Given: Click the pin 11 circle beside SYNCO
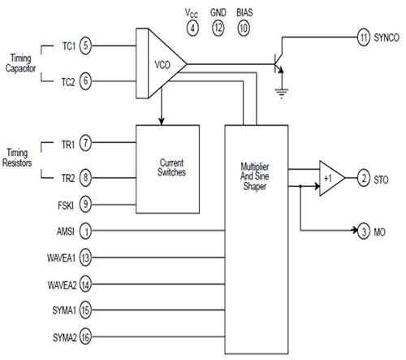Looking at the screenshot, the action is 364,37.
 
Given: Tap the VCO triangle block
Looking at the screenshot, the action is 165,64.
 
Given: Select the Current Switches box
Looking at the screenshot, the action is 168,169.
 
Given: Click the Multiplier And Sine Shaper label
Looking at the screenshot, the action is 255,176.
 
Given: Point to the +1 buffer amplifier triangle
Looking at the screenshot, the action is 330,178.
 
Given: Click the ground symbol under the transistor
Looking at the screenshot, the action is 282,93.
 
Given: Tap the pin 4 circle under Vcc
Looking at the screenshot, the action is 192,28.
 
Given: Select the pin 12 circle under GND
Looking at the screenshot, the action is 218,28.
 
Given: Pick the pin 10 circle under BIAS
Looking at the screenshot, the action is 244,28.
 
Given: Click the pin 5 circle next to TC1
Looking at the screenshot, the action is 85,46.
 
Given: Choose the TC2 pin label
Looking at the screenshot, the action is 67,82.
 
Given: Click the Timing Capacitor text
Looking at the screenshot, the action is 20,63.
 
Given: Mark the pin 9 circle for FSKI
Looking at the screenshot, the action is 85,204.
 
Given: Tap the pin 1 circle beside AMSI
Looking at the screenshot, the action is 85,231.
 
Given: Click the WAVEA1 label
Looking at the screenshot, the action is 61,258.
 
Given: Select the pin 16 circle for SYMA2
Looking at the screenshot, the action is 85,337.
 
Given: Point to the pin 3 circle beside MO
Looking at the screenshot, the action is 364,231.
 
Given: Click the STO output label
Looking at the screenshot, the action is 381,180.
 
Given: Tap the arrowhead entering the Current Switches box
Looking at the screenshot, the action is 162,121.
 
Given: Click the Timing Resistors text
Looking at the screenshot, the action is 17,158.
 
